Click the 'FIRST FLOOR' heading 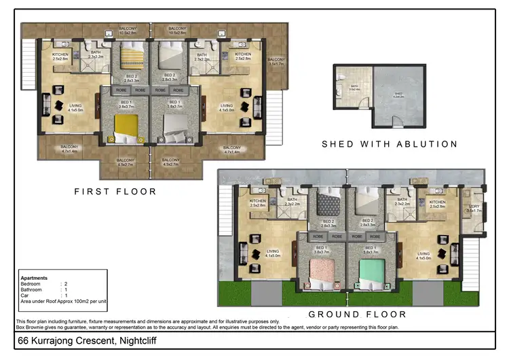click(x=115, y=192)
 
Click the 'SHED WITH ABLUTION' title click(x=390, y=144)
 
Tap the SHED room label click(x=398, y=94)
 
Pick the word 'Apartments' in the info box click(x=34, y=278)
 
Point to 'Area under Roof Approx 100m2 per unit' click(x=64, y=300)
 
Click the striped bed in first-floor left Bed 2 click(x=132, y=56)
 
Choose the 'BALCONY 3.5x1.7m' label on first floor click(x=276, y=62)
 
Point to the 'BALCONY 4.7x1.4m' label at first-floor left click(x=70, y=149)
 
